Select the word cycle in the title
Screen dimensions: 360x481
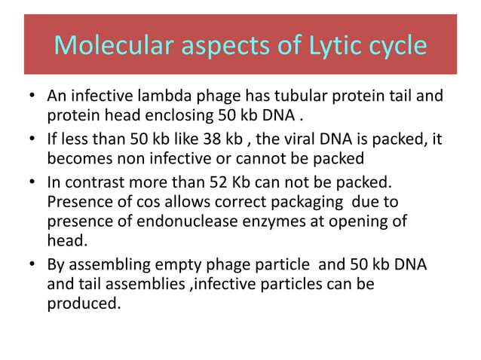click(x=397, y=46)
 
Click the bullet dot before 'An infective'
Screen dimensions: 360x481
click(x=32, y=99)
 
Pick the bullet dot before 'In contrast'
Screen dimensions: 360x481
click(x=32, y=182)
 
